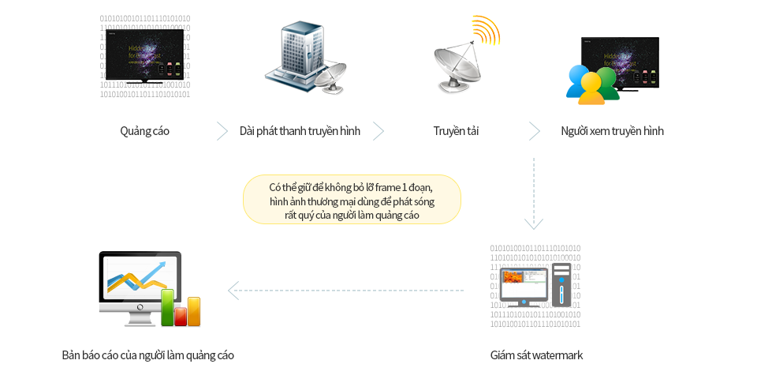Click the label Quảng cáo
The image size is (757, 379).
click(x=144, y=131)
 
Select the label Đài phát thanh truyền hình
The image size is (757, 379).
click(x=300, y=131)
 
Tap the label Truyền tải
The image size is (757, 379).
click(x=456, y=131)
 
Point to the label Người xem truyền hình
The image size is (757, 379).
click(x=612, y=131)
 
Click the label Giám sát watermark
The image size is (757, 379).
click(x=536, y=355)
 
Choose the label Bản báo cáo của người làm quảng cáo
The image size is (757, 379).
click(x=147, y=355)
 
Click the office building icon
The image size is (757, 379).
click(x=294, y=54)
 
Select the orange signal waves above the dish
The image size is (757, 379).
click(x=485, y=30)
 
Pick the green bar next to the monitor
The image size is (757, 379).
click(x=167, y=307)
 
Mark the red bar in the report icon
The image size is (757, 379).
click(x=181, y=316)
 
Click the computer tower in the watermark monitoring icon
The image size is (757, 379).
click(x=561, y=285)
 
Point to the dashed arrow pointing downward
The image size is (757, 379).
click(x=534, y=194)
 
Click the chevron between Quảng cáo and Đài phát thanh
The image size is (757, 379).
click(x=222, y=131)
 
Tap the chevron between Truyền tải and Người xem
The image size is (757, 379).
click(x=534, y=131)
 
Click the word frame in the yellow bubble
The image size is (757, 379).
click(x=382, y=187)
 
